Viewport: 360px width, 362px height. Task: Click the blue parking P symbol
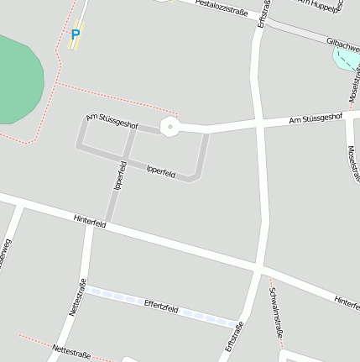click(x=76, y=34)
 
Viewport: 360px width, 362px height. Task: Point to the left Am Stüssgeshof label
click(x=112, y=120)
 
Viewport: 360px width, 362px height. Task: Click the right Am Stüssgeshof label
click(x=316, y=119)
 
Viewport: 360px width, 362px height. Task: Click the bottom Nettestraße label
click(x=70, y=350)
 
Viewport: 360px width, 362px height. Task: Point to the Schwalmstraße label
click(x=277, y=312)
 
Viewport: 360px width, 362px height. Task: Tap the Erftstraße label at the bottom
click(x=234, y=337)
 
